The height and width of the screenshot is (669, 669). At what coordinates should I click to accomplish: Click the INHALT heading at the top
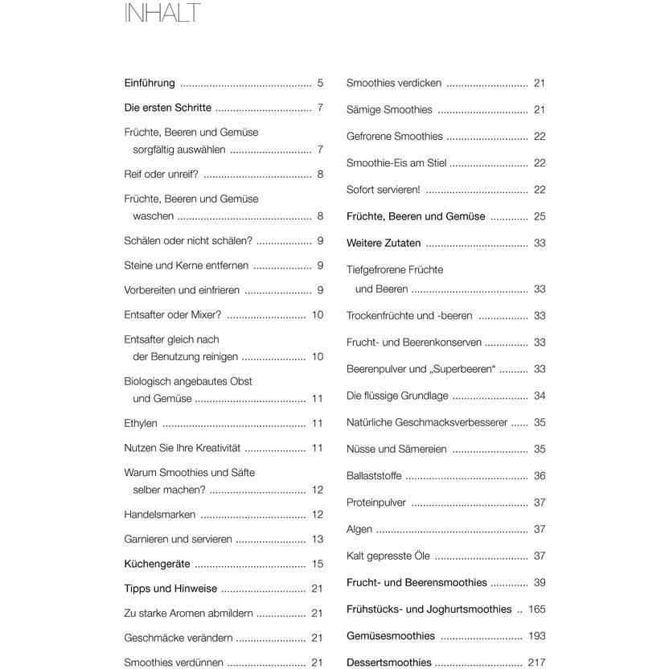162,14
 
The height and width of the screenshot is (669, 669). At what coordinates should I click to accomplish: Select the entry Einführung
150,83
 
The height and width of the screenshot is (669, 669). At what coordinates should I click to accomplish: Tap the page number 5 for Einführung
320,83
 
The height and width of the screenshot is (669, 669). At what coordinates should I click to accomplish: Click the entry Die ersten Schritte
168,107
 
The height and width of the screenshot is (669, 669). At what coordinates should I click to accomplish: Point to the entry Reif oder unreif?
162,174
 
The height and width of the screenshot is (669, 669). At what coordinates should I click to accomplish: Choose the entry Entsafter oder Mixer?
173,315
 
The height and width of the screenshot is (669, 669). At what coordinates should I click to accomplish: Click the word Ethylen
141,424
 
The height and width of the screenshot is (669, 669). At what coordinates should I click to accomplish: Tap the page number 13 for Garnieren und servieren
318,540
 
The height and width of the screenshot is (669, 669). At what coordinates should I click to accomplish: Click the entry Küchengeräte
156,564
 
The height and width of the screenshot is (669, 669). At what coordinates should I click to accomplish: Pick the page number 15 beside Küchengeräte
318,564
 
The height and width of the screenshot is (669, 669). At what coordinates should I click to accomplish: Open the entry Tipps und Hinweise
170,589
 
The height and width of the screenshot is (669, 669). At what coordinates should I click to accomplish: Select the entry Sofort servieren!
384,190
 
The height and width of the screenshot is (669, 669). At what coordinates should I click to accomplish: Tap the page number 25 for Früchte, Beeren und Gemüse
540,216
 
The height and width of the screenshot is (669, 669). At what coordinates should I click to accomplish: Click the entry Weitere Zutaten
384,244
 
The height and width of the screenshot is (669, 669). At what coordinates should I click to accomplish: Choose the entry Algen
359,529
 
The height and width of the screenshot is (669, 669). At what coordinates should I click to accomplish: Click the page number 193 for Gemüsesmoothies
537,636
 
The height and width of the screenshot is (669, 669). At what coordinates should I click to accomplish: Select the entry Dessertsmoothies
389,663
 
